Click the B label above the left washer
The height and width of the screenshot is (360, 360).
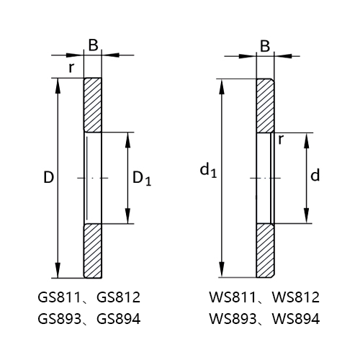click(x=93, y=45)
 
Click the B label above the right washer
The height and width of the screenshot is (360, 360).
click(x=264, y=47)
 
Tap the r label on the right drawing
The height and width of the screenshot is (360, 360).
click(x=280, y=140)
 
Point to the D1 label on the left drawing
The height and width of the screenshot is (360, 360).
click(x=142, y=179)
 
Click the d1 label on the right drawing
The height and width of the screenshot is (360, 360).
click(x=208, y=170)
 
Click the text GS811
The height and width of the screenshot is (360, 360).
click(x=58, y=297)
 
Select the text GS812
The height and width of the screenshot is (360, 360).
click(x=118, y=297)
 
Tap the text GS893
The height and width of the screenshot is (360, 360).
click(x=58, y=319)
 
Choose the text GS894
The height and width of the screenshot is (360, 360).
click(x=118, y=319)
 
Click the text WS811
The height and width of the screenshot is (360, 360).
click(x=230, y=297)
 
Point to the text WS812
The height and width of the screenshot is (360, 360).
click(x=292, y=297)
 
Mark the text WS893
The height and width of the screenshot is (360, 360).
click(x=230, y=319)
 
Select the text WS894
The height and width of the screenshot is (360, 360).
click(x=292, y=319)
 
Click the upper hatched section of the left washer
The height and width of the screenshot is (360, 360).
click(x=93, y=104)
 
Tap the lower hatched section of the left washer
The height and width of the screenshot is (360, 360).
click(x=93, y=251)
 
